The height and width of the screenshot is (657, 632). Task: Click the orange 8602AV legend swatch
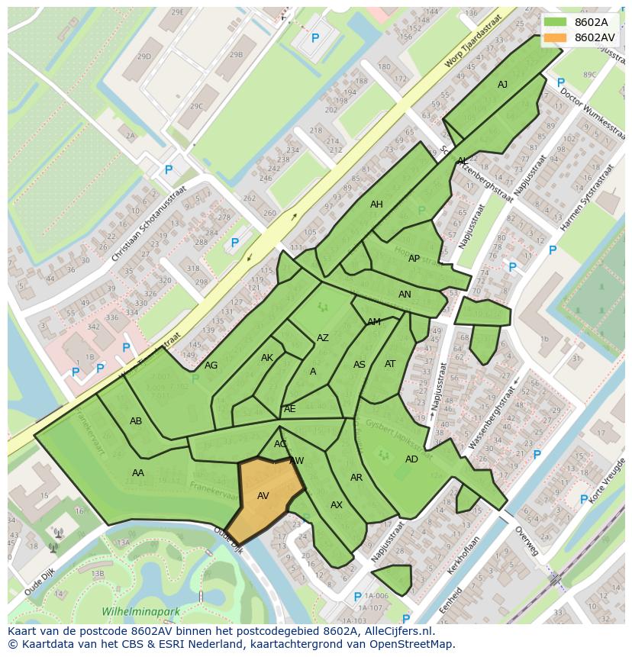tap(556, 37)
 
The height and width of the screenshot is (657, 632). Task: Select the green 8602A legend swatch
tap(556, 22)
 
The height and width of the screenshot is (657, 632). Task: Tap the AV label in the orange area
tap(263, 496)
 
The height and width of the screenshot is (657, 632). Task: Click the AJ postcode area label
tap(502, 85)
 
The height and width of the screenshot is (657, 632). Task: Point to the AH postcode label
tap(376, 205)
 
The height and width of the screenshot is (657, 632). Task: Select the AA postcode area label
tap(137, 473)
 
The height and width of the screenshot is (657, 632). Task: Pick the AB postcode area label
tap(136, 421)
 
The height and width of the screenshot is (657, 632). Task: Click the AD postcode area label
tap(411, 459)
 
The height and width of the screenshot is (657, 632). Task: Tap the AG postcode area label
tap(211, 366)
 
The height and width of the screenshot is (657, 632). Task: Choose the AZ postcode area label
tap(323, 338)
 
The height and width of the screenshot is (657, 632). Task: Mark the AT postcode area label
tap(390, 364)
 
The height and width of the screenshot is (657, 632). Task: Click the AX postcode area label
tap(337, 505)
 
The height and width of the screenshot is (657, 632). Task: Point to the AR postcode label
tap(356, 478)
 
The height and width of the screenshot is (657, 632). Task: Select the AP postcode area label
tap(414, 259)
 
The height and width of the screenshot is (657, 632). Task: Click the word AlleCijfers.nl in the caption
tap(396, 631)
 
